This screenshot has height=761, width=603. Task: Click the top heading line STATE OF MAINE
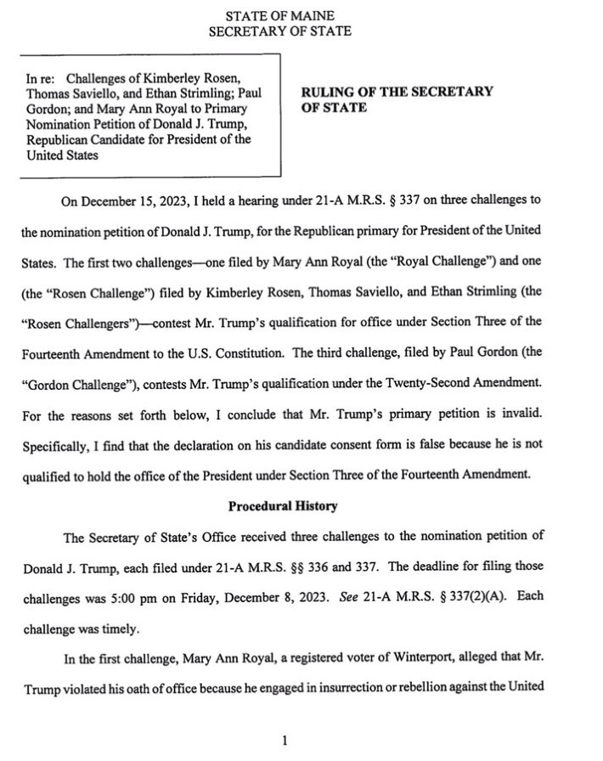coord(279,16)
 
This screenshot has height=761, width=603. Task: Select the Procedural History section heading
coord(283,506)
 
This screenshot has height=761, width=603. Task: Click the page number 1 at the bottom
coord(285,741)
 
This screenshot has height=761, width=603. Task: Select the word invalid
coord(509,415)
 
